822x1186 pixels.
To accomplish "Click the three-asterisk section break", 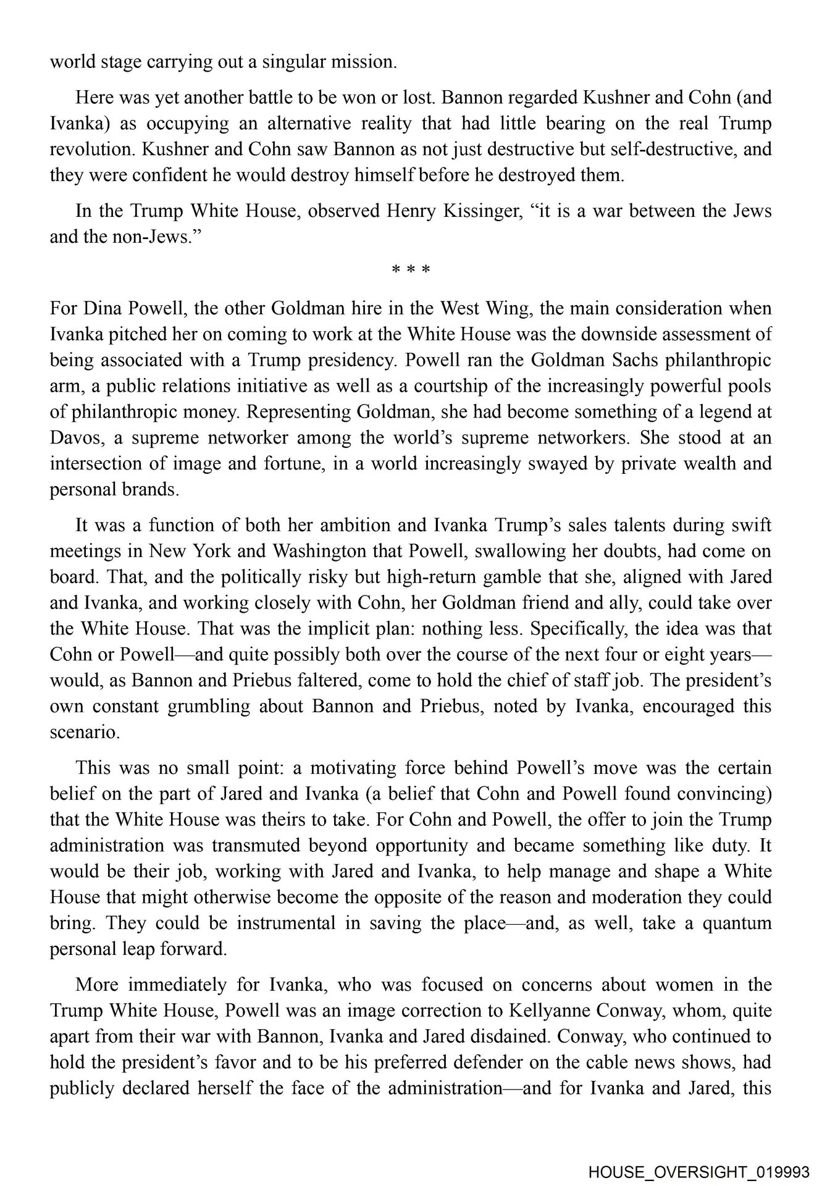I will click(x=411, y=269).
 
